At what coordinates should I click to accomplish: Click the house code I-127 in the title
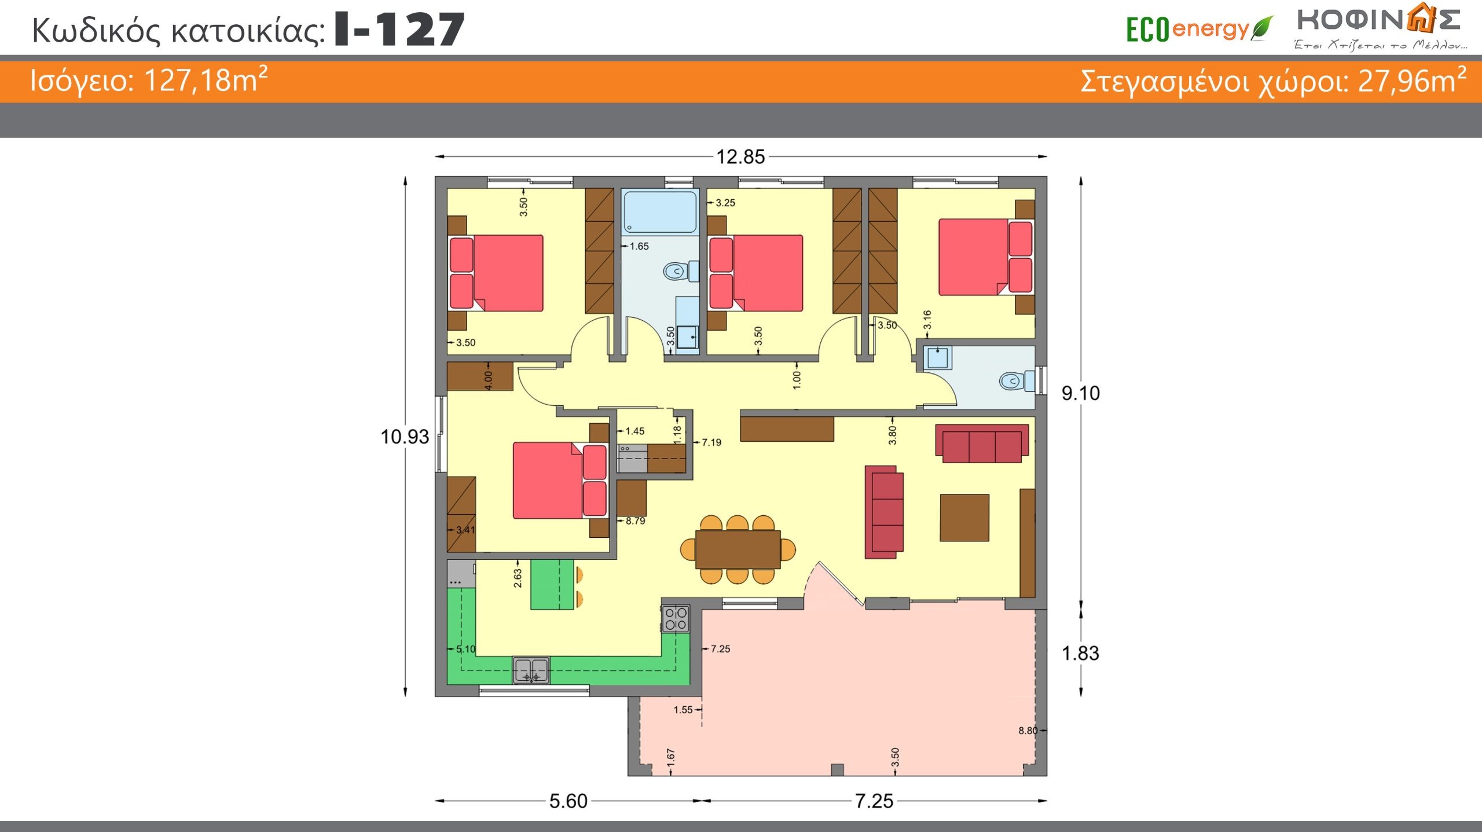point(399,30)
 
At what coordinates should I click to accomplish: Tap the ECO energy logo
point(1199,29)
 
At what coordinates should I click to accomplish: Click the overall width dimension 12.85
point(740,157)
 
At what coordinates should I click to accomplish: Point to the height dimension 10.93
point(405,437)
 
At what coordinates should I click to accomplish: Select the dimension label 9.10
point(1080,393)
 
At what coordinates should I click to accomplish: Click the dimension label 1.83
point(1080,653)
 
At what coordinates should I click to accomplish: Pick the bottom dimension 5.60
point(568,801)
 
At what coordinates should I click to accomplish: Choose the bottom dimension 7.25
point(874,801)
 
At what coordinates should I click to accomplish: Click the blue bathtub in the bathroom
point(660,211)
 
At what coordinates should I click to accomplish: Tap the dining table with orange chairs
point(738,549)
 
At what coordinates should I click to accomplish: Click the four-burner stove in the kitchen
point(676,618)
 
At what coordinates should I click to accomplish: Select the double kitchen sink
point(531,670)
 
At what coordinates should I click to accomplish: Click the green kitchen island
point(552,584)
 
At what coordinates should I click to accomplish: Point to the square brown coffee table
point(964,518)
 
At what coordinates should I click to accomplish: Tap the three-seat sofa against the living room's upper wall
point(982,444)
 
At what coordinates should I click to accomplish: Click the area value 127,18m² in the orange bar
point(206,80)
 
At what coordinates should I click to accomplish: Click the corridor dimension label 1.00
point(797,380)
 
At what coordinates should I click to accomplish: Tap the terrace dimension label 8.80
point(1028,731)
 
